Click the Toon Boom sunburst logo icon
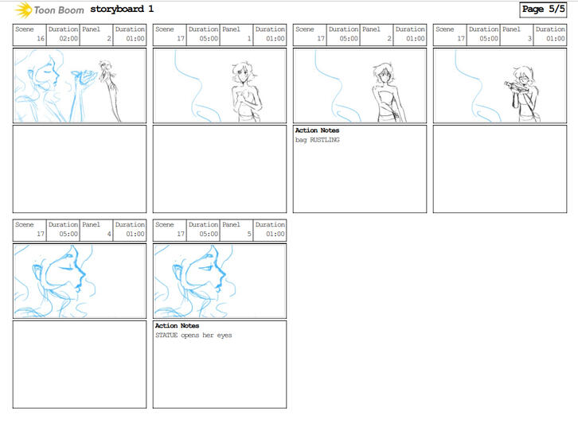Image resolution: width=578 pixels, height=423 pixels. [x=23, y=10]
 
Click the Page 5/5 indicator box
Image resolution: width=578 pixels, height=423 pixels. [x=543, y=10]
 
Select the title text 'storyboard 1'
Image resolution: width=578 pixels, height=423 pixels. [x=122, y=9]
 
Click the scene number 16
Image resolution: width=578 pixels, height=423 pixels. [x=41, y=38]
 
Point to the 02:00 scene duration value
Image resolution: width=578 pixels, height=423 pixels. [x=68, y=38]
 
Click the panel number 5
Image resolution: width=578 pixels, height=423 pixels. [x=249, y=234]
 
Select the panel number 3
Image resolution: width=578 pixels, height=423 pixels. [x=529, y=38]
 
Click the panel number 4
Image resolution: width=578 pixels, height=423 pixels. [x=109, y=234]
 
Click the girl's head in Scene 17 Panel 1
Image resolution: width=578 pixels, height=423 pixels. [x=242, y=74]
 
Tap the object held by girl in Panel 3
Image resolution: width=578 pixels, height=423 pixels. [x=513, y=86]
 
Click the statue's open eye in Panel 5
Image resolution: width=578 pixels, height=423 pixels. [x=205, y=267]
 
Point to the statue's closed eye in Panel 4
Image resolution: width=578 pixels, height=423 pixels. [x=65, y=267]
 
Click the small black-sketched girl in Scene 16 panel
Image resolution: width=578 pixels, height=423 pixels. [x=109, y=90]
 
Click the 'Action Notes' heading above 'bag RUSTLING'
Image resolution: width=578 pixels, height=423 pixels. [x=317, y=130]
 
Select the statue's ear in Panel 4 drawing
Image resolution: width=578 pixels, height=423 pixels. [x=38, y=273]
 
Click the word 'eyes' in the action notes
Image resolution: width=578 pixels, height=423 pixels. [x=225, y=336]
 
